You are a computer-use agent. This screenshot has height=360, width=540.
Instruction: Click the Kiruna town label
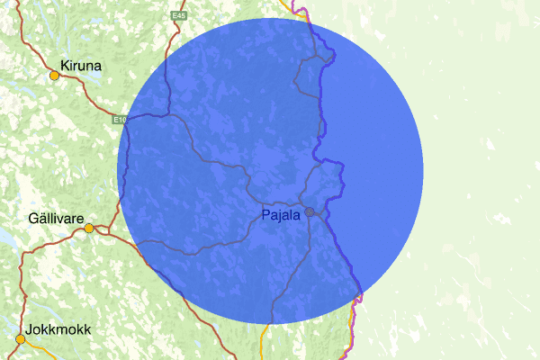click(81, 66)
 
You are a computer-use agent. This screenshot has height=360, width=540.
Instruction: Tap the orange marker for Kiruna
click(54, 76)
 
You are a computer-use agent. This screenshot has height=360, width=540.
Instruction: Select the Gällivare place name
click(56, 219)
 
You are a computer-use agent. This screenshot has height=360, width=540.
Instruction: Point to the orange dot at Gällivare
click(89, 229)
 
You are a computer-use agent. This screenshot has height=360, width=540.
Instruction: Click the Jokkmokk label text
click(58, 330)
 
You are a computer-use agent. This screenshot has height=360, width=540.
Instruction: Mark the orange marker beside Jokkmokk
click(20, 339)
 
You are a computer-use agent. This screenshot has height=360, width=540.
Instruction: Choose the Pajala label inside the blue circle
click(281, 215)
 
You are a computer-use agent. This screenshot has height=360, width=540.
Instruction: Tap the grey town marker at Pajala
click(310, 212)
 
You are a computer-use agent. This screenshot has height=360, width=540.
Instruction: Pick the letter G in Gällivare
click(33, 219)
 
